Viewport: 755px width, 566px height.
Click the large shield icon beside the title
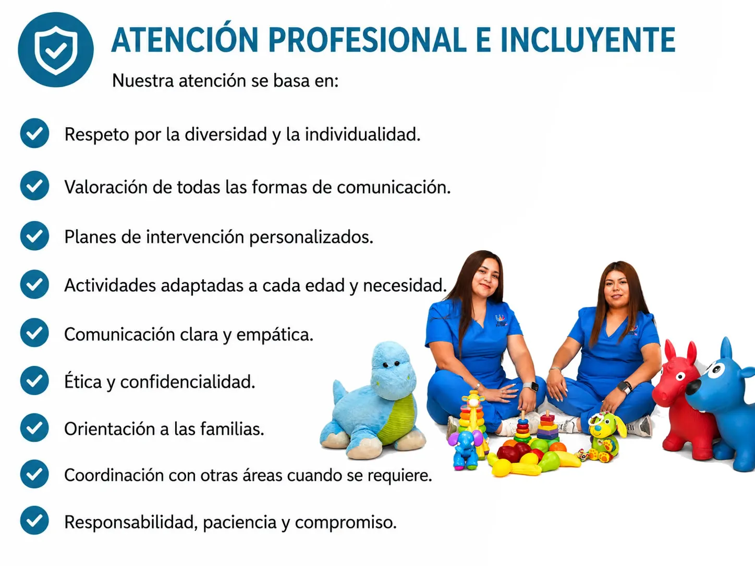56,50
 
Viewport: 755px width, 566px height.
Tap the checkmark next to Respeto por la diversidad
35,133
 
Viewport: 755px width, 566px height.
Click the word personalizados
311,238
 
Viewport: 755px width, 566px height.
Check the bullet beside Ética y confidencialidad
35,380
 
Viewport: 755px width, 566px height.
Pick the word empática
275,335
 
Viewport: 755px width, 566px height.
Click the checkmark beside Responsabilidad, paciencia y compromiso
35,521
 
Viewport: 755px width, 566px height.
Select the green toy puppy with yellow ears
604,437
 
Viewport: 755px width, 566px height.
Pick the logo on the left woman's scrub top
501,321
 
